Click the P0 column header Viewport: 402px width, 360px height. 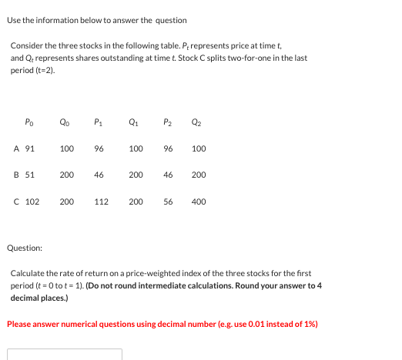click(x=29, y=121)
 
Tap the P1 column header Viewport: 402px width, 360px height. click(x=98, y=121)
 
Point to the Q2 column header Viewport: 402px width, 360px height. click(x=199, y=121)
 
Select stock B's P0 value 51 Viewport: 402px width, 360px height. click(x=29, y=175)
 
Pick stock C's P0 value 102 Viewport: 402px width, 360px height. click(x=32, y=202)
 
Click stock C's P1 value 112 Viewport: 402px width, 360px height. click(x=101, y=202)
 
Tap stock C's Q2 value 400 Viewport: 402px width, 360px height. click(x=199, y=202)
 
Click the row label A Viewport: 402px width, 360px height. click(x=16, y=148)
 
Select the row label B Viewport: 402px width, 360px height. click(x=16, y=175)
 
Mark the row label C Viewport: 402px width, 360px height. click(x=16, y=202)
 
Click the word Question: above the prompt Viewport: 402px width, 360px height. click(x=25, y=248)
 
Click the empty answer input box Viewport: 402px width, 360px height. click(x=65, y=355)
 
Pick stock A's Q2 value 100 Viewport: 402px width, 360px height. click(x=199, y=148)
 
